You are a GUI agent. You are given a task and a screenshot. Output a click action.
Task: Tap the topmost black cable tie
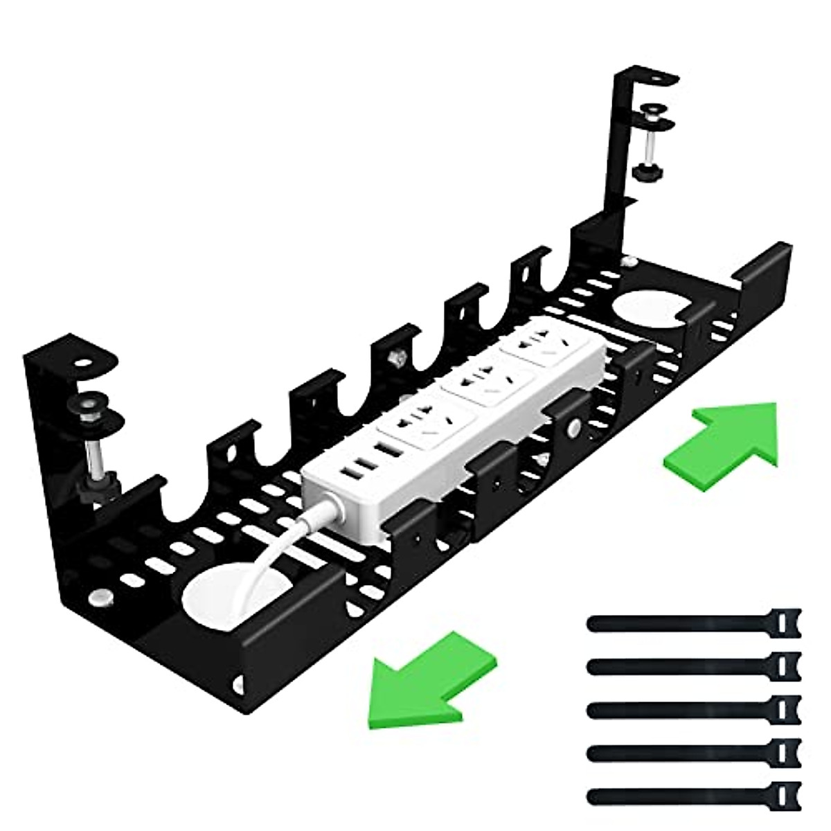point(692,623)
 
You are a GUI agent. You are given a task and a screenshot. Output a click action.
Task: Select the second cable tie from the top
point(692,665)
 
